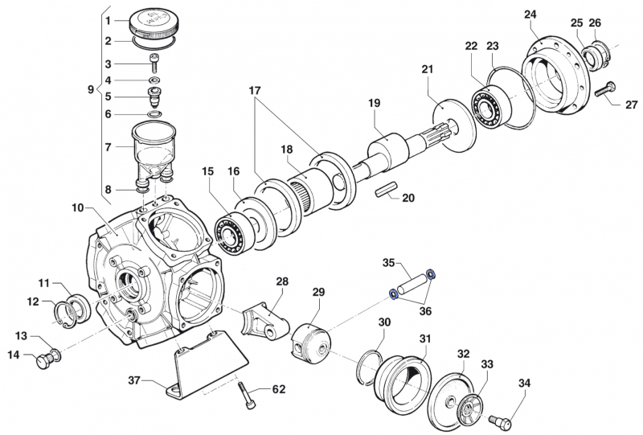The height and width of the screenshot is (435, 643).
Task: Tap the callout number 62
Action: [x=279, y=390]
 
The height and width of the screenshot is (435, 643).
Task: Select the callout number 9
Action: [x=91, y=89]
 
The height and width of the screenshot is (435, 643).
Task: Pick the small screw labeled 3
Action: [x=154, y=64]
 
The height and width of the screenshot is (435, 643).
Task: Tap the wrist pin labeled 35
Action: [x=411, y=284]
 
